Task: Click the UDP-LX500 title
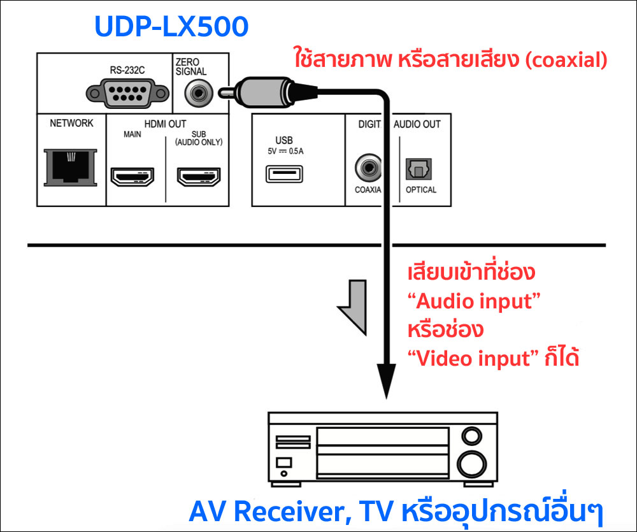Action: [x=171, y=27]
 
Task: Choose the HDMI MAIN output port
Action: [x=132, y=176]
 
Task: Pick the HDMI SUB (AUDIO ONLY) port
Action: [x=197, y=176]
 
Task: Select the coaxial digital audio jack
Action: [x=368, y=168]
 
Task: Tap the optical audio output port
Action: [x=420, y=168]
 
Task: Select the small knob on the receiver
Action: [x=471, y=436]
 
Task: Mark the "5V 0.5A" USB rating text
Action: [x=287, y=152]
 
